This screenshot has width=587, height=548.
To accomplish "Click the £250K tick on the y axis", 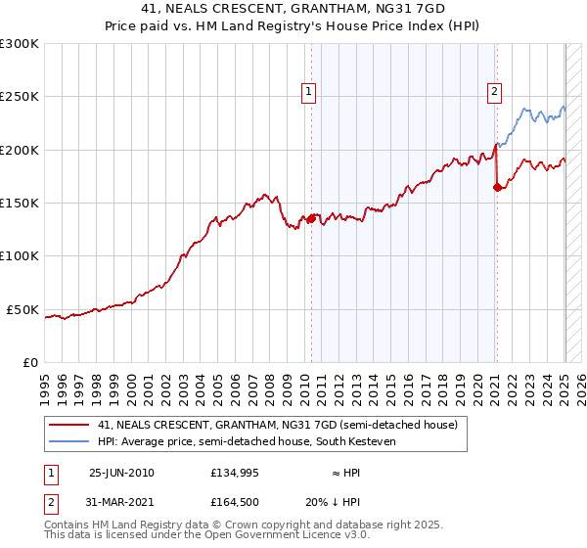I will [20, 97].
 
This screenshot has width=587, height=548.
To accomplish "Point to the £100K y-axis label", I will [20, 255].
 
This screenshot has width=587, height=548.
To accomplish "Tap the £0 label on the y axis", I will [28, 362].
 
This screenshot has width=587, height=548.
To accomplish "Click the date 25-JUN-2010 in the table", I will [121, 473].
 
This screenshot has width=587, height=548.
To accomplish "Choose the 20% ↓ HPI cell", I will [333, 502].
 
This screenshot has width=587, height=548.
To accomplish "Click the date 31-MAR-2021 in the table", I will [121, 502].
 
